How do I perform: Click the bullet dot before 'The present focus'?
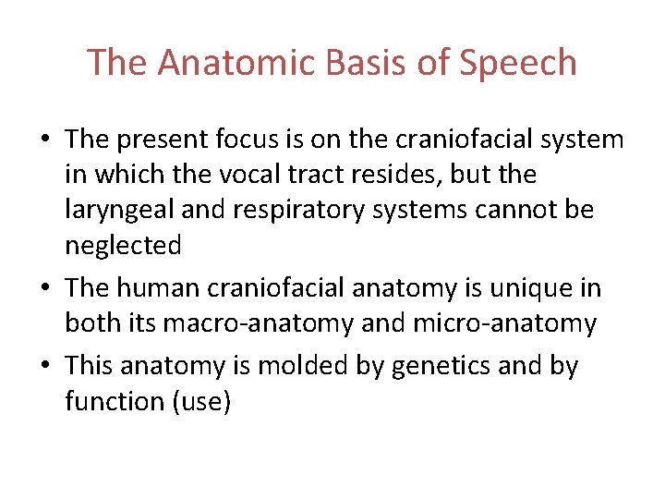pos(45,140)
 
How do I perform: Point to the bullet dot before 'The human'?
pos(45,288)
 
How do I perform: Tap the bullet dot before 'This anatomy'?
pos(45,366)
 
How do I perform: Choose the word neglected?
pos(123,247)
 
